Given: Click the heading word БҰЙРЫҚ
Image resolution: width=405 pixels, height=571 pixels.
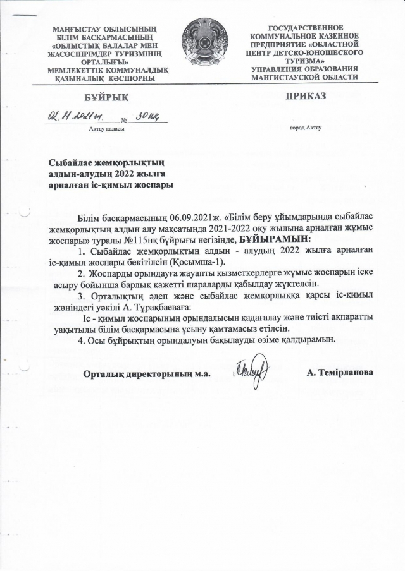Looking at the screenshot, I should pos(106,96).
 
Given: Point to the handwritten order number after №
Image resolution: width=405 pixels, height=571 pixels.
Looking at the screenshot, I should pos(148,116).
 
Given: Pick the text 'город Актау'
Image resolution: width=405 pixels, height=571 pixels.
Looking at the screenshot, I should pos(306,128).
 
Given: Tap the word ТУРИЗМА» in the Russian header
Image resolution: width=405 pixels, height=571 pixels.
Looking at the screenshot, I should pos(306,61).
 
